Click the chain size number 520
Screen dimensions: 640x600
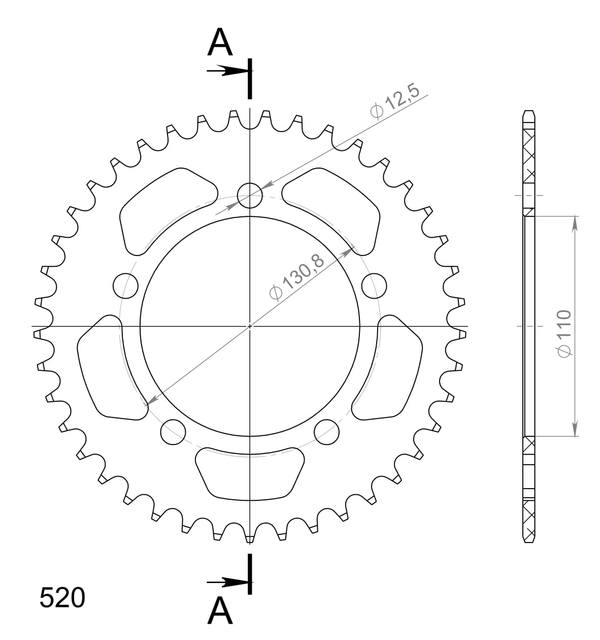(x=62, y=598)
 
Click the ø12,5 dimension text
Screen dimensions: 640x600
(x=394, y=102)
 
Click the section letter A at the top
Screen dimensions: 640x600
(x=220, y=43)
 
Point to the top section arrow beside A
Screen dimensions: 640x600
(x=226, y=71)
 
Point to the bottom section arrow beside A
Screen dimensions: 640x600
(x=226, y=582)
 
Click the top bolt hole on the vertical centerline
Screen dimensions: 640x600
(x=250, y=195)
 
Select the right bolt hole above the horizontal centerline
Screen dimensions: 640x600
(x=375, y=286)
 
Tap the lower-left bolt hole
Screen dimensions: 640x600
(x=173, y=432)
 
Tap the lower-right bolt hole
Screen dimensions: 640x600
(x=327, y=432)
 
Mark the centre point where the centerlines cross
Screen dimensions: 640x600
(x=250, y=326)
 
